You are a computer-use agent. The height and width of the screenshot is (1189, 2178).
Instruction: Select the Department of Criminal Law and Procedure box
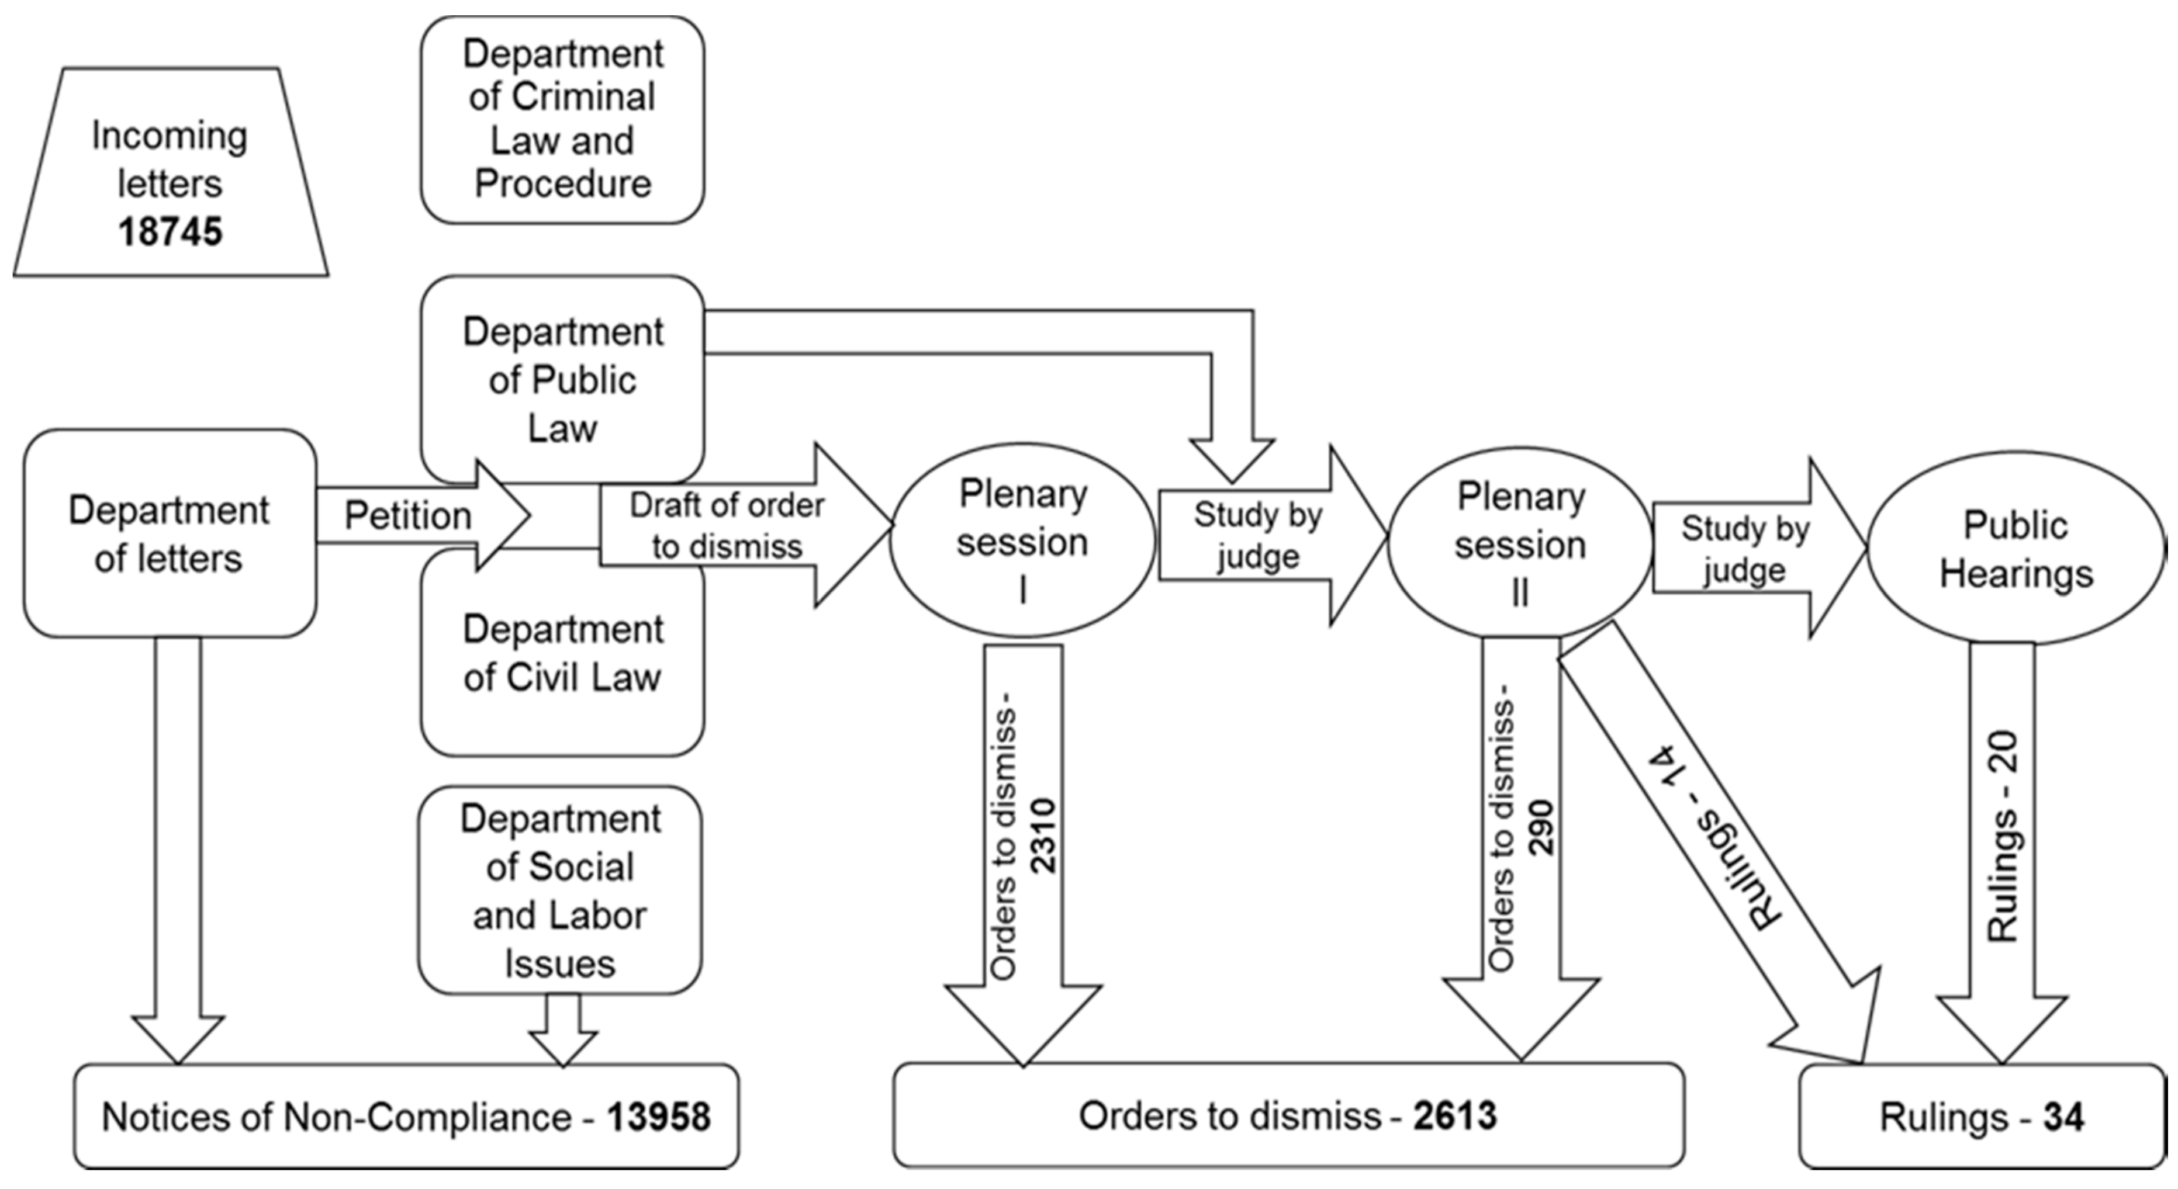(562, 119)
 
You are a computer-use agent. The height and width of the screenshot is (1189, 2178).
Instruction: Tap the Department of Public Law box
(562, 379)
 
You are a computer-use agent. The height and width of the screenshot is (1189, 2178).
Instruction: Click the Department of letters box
(169, 534)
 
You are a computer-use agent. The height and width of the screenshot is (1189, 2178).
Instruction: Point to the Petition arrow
(409, 515)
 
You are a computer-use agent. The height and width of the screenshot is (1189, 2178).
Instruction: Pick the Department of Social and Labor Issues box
(560, 890)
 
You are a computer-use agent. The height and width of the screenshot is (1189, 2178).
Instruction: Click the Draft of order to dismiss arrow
(727, 526)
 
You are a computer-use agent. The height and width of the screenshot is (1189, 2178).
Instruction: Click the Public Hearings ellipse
(2015, 549)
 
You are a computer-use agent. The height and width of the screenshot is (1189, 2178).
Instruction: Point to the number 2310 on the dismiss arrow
(1042, 835)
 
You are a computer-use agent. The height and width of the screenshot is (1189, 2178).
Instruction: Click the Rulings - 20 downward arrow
(2002, 837)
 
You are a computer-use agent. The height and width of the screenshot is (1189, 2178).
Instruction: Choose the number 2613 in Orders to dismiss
(1455, 1115)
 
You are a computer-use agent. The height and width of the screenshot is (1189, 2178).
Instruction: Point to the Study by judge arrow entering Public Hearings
(1745, 549)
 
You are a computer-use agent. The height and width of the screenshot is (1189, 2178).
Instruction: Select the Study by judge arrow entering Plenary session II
(1258, 536)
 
